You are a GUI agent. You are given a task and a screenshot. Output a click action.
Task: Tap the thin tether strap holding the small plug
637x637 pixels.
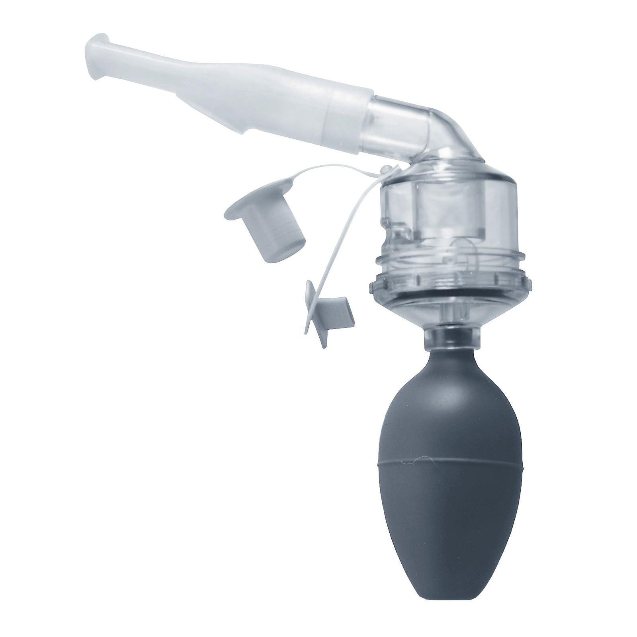[350, 247]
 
